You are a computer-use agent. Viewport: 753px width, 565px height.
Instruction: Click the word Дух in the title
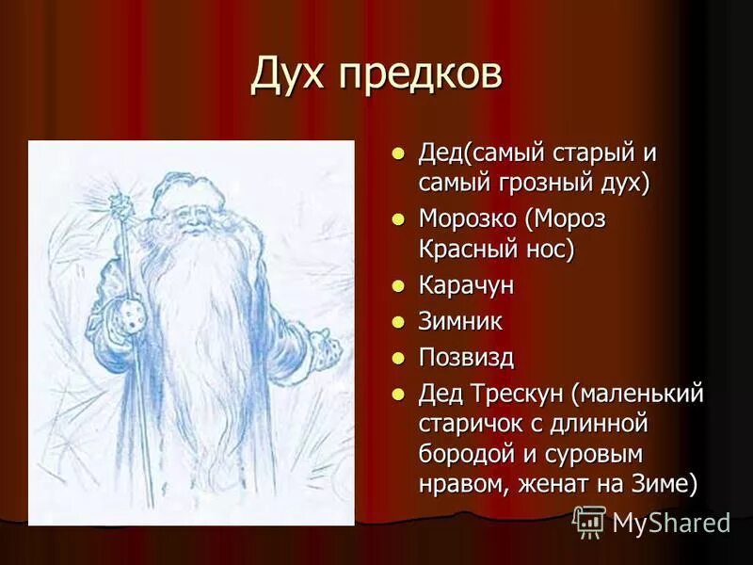coord(291,76)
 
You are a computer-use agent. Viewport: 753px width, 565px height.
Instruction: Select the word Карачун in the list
coord(467,285)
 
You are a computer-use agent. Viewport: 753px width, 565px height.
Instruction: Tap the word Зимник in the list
coord(460,321)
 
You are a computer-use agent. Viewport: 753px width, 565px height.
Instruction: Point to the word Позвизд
coord(467,357)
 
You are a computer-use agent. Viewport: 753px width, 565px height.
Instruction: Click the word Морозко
coord(468,219)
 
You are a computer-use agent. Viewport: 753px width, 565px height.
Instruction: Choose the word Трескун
coord(519,394)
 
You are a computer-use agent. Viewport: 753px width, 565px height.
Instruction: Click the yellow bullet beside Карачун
coord(398,285)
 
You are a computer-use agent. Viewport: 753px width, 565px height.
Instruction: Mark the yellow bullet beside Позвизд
coord(398,357)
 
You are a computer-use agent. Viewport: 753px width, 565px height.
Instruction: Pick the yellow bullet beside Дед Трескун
coord(398,394)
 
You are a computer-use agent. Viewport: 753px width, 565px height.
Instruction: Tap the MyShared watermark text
coord(671,524)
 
